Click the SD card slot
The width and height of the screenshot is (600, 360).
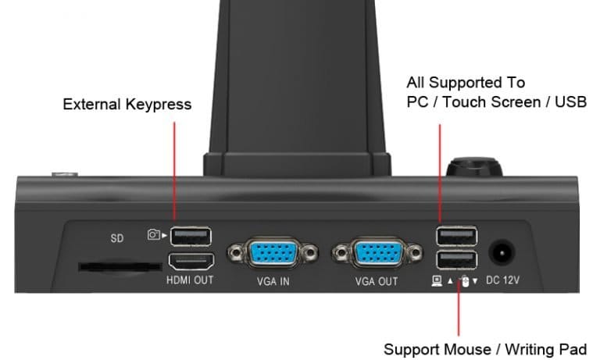pyautogui.click(x=115, y=266)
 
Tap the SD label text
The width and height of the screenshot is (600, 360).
pyautogui.click(x=116, y=239)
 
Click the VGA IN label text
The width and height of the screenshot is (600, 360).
pyautogui.click(x=273, y=281)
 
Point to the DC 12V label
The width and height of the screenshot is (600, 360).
pyautogui.click(x=504, y=280)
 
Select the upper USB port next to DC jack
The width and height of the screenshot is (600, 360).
pyautogui.click(x=455, y=236)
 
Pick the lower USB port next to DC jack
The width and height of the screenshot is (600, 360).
pyautogui.click(x=455, y=260)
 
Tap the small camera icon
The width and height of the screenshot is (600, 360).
pyautogui.click(x=153, y=233)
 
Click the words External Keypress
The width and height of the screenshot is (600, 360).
pyautogui.click(x=127, y=104)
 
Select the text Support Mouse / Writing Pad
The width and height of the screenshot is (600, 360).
pyautogui.click(x=484, y=348)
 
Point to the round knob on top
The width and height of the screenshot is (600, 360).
pyautogui.click(x=473, y=166)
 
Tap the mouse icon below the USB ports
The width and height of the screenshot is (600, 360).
pyautogui.click(x=463, y=280)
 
